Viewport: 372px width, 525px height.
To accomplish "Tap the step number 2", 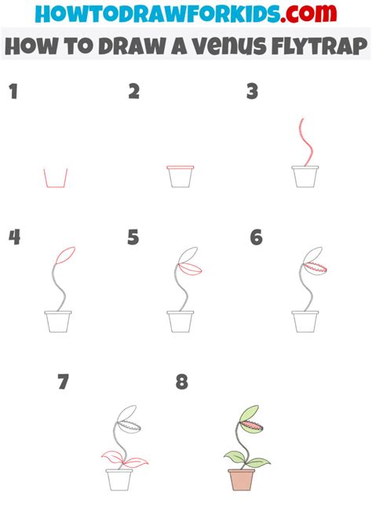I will click(134, 92).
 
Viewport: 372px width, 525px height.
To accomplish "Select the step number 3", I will click(252, 92).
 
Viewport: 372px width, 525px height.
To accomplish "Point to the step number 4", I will click(13, 237).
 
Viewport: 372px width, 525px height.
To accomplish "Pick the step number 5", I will click(133, 237).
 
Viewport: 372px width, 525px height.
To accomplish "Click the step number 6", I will click(256, 237).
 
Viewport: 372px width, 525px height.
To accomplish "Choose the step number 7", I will click(64, 382).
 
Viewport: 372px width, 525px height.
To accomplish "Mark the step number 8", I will click(182, 382).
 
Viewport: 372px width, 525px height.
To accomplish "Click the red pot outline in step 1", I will click(55, 179).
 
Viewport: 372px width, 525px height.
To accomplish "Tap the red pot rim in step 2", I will click(181, 168).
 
